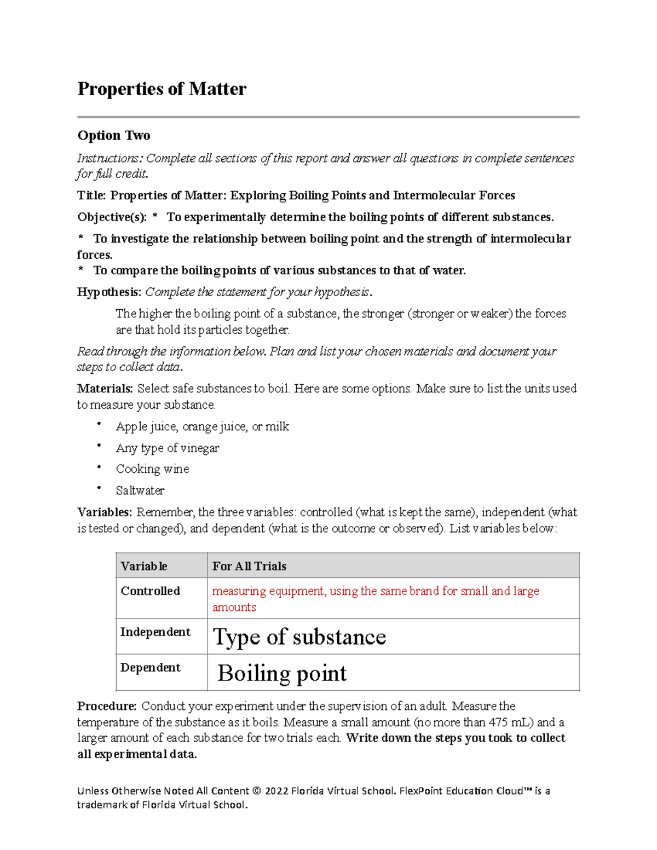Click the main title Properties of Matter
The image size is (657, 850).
(162, 89)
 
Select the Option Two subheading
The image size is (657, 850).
(114, 135)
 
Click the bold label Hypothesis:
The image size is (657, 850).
(109, 292)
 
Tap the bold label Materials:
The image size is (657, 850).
(105, 389)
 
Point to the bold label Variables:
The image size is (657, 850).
(105, 512)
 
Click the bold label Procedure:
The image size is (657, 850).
(107, 706)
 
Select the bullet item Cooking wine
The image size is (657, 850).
(152, 469)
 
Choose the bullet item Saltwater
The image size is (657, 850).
(140, 490)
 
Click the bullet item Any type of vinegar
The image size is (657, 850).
(167, 448)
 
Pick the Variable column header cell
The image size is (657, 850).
(144, 566)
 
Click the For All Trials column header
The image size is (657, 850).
(249, 566)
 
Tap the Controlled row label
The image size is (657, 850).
(151, 591)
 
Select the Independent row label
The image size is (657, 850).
(155, 632)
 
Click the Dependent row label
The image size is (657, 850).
(151, 668)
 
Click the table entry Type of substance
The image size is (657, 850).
(299, 637)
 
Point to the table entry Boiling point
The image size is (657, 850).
(282, 673)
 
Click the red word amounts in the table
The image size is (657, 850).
(234, 607)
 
